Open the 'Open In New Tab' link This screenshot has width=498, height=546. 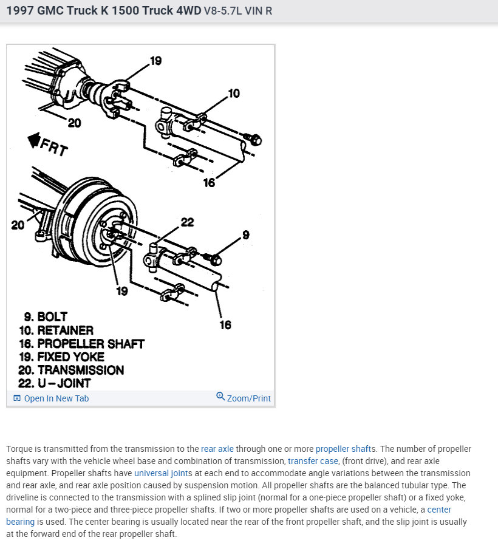[51, 398]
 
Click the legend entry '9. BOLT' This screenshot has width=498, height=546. [46, 317]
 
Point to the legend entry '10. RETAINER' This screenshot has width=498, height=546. [58, 330]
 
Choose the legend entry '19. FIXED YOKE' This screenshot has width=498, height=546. [64, 357]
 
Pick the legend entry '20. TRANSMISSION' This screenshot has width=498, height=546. [73, 370]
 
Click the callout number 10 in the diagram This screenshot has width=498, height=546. [233, 94]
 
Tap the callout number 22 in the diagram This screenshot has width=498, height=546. [187, 222]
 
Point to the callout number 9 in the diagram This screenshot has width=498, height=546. [245, 234]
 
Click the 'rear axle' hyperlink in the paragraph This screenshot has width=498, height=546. [217, 449]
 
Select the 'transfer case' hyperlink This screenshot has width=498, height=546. [313, 461]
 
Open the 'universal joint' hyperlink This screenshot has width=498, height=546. [161, 473]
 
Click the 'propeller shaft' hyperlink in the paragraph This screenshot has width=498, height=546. [344, 449]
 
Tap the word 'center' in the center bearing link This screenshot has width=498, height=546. [439, 510]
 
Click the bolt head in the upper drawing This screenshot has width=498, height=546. [256, 140]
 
